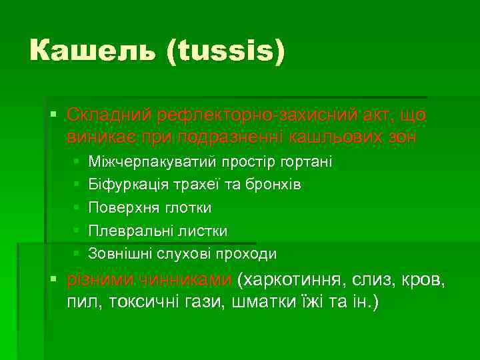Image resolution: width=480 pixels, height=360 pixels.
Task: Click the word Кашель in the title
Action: (x=93, y=51)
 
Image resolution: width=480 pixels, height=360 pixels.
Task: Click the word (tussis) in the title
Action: (x=226, y=51)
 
